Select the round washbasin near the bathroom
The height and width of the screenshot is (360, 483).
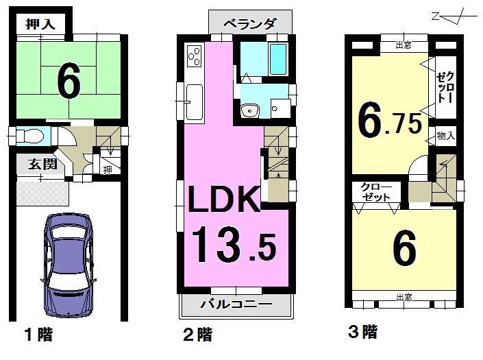(249, 110)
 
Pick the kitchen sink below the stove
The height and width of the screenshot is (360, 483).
(193, 97)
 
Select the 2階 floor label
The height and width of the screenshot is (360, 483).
(197, 335)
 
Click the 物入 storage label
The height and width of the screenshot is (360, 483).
(446, 136)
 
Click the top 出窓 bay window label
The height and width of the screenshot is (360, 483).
(404, 46)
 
